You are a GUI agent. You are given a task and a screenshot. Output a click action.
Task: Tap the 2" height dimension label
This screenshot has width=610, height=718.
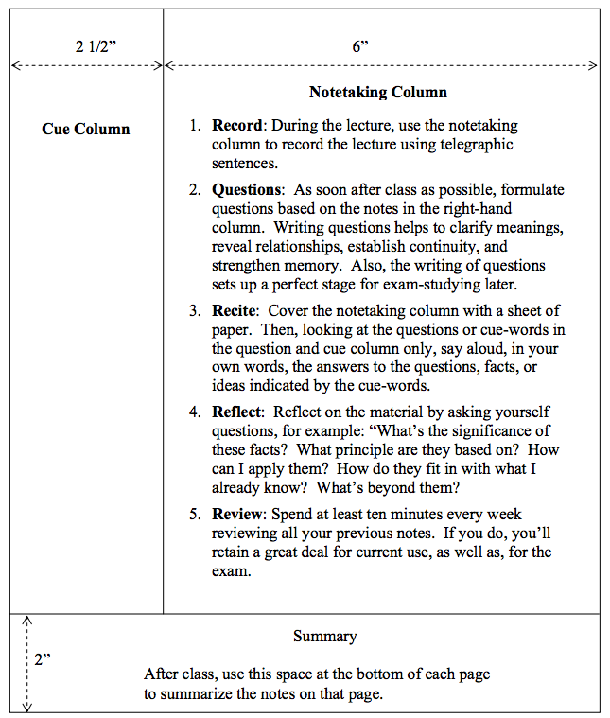click(44, 659)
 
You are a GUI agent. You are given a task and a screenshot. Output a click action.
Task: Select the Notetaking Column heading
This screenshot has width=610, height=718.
click(378, 93)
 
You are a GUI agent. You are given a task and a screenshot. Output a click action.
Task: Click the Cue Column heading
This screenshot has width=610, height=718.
click(86, 129)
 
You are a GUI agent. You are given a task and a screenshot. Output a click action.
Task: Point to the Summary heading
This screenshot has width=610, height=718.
click(324, 637)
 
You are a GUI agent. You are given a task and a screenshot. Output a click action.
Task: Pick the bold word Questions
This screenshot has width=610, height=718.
click(247, 190)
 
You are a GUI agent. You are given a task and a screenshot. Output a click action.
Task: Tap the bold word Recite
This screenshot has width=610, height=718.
click(234, 310)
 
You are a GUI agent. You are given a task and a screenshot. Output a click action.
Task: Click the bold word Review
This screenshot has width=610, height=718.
click(237, 515)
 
